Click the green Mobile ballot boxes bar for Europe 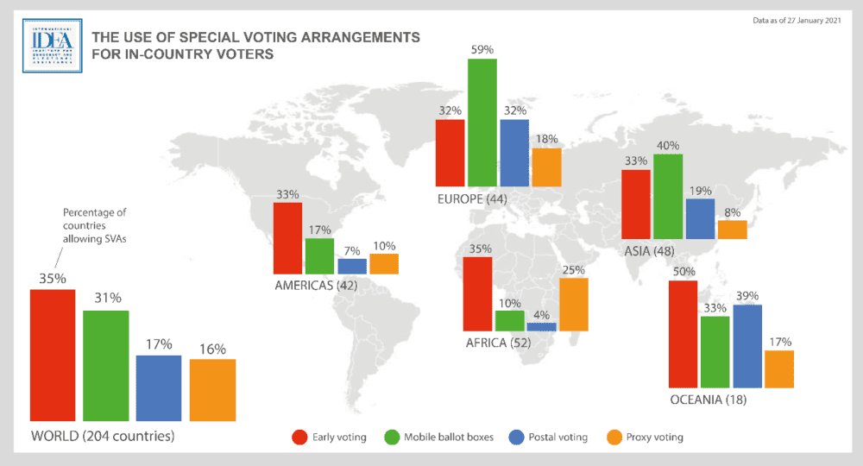(482, 123)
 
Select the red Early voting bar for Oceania (683, 334)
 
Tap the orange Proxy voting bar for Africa (573, 305)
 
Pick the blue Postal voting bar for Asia (700, 218)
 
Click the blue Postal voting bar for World (159, 387)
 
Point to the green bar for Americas (319, 255)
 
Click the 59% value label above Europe (482, 50)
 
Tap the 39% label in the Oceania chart (747, 296)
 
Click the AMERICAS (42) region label (316, 285)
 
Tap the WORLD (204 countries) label (103, 435)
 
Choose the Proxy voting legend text (655, 438)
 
